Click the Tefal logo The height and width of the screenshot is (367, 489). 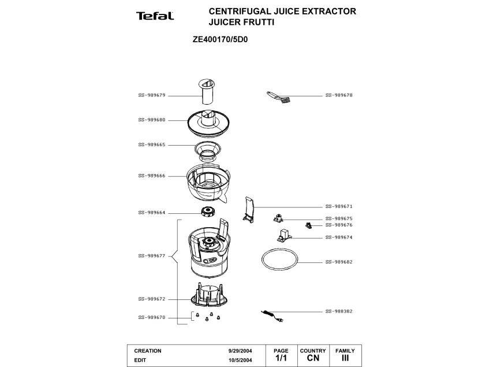pyautogui.click(x=155, y=16)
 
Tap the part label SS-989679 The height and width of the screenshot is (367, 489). pyautogui.click(x=152, y=95)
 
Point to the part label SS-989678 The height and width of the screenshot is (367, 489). pyautogui.click(x=339, y=95)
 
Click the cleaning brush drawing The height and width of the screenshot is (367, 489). pyautogui.click(x=278, y=97)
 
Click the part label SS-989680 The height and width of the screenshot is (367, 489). pyautogui.click(x=152, y=120)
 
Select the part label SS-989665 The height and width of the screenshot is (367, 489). pyautogui.click(x=152, y=144)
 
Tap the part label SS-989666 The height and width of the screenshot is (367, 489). pyautogui.click(x=152, y=176)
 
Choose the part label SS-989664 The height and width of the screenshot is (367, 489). pyautogui.click(x=152, y=212)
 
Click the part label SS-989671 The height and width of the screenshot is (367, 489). pyautogui.click(x=339, y=206)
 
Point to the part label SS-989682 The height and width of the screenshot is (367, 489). pyautogui.click(x=339, y=262)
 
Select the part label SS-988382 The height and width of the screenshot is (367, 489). pyautogui.click(x=339, y=311)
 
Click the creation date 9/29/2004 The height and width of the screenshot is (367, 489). pyautogui.click(x=240, y=351)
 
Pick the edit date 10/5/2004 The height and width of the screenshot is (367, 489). pyautogui.click(x=240, y=359)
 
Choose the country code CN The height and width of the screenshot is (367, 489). pyautogui.click(x=313, y=358)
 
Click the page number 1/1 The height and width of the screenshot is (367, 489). pyautogui.click(x=281, y=358)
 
